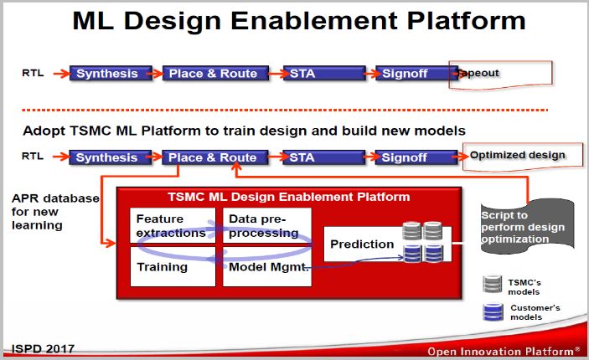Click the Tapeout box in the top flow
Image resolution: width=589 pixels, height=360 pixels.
[x=501, y=75]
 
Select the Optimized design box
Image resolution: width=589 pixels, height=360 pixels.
[x=523, y=157]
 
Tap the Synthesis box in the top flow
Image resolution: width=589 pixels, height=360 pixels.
[x=111, y=73]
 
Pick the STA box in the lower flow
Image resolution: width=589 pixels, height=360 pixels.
[x=323, y=157]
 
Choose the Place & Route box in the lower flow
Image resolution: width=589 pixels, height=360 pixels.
[x=214, y=157]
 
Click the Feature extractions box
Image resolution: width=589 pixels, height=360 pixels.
[x=173, y=226]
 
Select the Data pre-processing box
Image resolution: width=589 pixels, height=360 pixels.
[x=267, y=226]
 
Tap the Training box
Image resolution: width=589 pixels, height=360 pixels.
[x=173, y=266]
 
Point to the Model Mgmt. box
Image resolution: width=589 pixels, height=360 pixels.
[x=267, y=266]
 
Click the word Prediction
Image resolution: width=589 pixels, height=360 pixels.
[x=362, y=244]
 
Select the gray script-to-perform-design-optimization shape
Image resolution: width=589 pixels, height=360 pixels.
[x=527, y=227]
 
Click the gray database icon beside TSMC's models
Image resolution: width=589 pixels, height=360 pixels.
[x=493, y=284]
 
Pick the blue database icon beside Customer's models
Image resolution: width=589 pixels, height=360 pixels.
[x=493, y=312]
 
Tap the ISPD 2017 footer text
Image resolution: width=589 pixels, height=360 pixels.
[x=43, y=349]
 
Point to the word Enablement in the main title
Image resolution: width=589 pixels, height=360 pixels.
[x=314, y=21]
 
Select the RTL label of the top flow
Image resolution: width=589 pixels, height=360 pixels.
[x=33, y=73]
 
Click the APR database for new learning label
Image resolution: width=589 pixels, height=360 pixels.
[x=55, y=212]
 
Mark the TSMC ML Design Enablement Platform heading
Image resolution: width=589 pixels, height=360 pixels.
[x=288, y=197]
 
